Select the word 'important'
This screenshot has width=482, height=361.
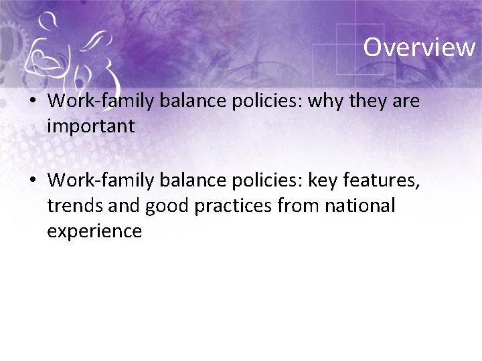(x=91, y=126)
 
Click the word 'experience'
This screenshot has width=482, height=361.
(x=94, y=231)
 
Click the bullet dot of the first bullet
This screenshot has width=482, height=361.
(x=33, y=102)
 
